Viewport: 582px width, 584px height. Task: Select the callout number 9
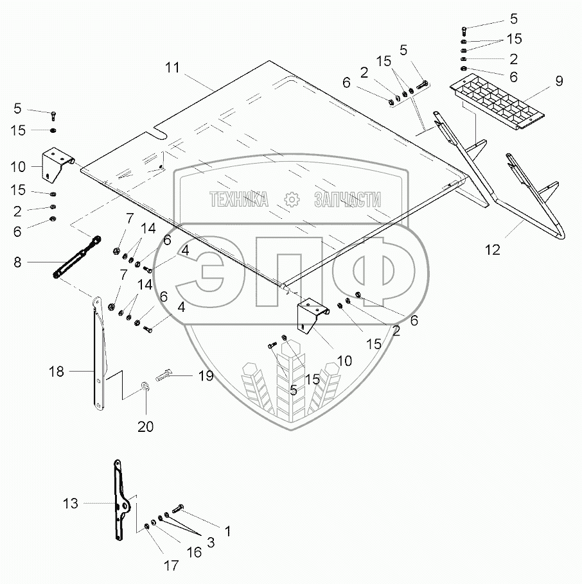(558, 82)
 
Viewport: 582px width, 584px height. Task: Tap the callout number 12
(492, 250)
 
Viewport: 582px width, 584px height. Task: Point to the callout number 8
(18, 261)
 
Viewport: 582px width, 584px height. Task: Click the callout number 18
(57, 371)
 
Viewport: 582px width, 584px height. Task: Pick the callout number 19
(205, 377)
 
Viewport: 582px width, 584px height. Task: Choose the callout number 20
(146, 425)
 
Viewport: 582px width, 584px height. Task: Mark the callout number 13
(71, 504)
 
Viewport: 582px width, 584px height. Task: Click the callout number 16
(194, 552)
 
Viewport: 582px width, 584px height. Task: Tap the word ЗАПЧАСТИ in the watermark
(348, 200)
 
